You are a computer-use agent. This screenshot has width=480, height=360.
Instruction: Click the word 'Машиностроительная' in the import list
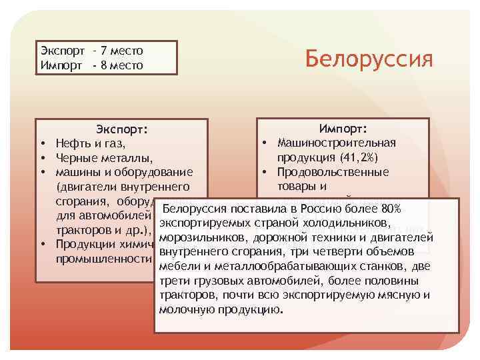click(337, 143)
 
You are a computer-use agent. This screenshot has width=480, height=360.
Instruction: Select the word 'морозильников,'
click(203, 238)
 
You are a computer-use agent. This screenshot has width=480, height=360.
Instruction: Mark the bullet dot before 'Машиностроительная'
click(265, 143)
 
